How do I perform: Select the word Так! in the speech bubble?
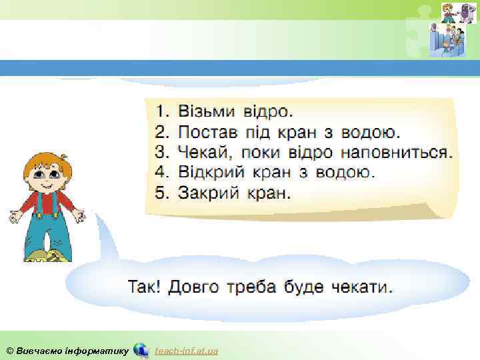click(144, 288)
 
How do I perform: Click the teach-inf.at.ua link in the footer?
click(186, 351)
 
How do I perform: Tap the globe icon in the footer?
click(141, 350)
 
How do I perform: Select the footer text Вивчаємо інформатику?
click(71, 351)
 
